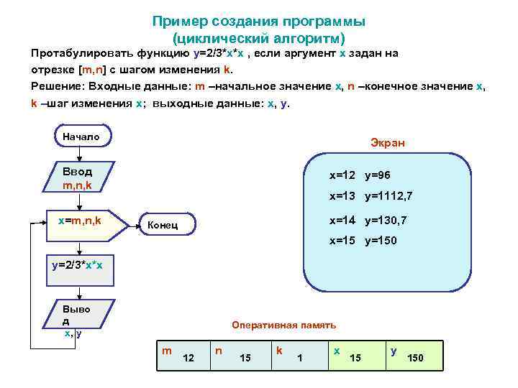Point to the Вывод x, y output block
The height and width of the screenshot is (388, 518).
(76, 319)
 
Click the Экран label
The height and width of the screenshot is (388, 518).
(387, 142)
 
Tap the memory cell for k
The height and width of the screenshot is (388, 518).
(296, 354)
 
